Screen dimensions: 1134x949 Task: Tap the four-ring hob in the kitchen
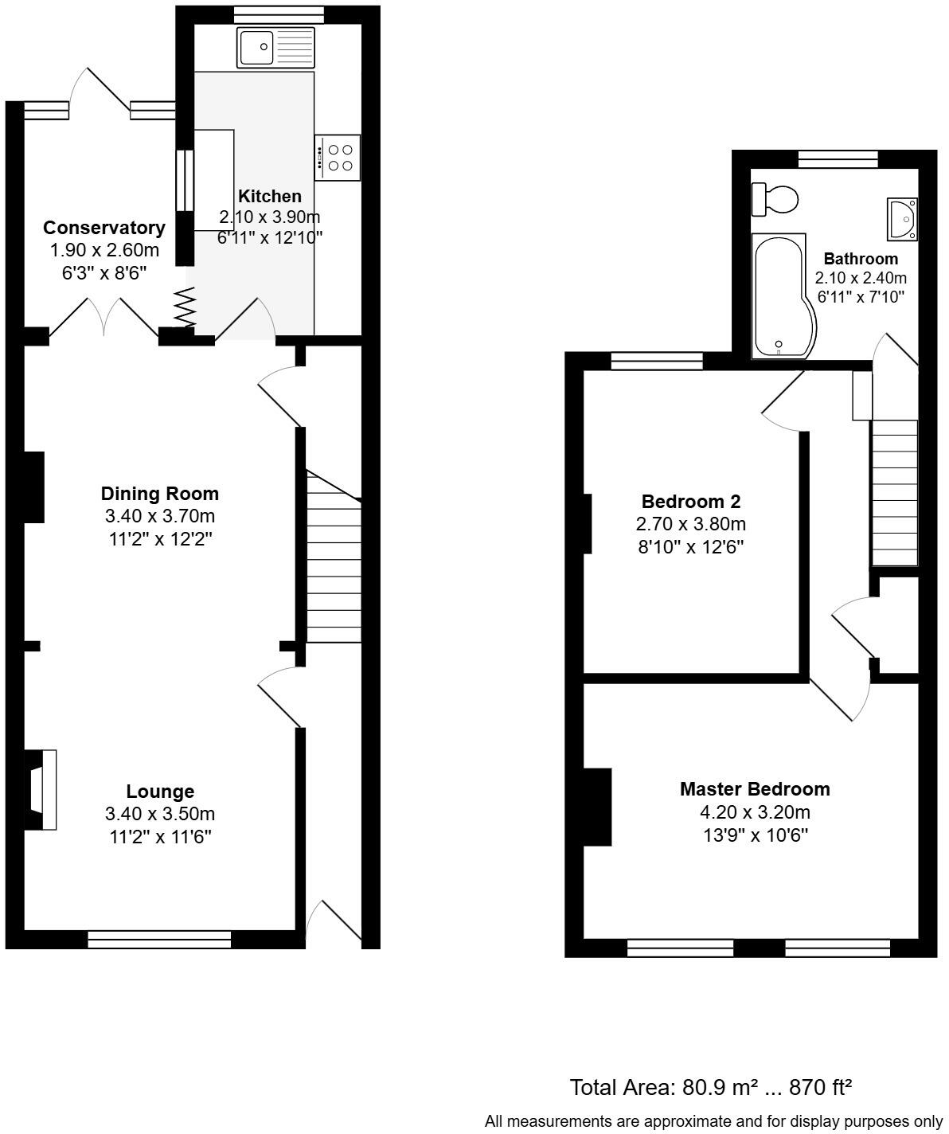pos(338,157)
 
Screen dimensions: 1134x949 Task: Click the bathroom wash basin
pos(903,218)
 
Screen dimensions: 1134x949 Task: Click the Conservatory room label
pos(104,228)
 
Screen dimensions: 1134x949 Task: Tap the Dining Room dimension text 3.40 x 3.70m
pos(159,516)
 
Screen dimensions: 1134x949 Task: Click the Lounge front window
pos(159,940)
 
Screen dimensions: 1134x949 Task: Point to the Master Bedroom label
pos(754,789)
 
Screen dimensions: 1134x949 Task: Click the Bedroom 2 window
pos(657,362)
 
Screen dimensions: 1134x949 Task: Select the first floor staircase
pos(894,492)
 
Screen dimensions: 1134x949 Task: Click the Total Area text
pos(711,1087)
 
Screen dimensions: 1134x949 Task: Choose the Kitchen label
pos(270,196)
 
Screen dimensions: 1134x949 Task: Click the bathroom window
pos(838,159)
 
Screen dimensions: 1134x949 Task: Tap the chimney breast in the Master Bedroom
pos(597,806)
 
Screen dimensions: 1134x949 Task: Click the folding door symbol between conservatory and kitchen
pos(185,307)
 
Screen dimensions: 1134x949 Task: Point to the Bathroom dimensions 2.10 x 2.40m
pos(861,278)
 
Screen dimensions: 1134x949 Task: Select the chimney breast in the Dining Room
pos(33,487)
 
